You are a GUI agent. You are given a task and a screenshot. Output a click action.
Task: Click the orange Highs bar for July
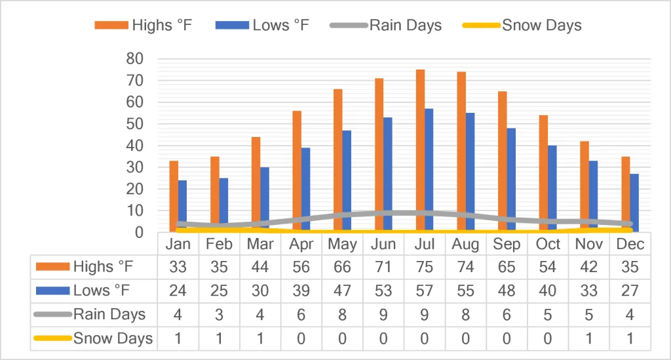420,151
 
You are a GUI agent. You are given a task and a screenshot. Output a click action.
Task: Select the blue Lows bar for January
182,207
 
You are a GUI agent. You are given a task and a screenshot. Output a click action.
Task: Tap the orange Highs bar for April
297,171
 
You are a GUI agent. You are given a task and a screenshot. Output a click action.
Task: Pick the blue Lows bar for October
552,189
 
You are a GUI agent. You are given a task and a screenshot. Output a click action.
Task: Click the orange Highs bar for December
626,194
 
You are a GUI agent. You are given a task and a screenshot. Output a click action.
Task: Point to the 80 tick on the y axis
135,58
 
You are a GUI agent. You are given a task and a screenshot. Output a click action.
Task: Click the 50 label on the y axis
135,124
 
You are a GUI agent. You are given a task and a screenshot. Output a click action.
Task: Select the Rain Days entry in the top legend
385,26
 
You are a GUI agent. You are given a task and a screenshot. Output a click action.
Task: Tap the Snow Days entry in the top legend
522,26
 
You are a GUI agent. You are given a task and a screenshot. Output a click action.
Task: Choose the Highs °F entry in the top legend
144,26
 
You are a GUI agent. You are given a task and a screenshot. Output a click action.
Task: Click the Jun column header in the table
383,244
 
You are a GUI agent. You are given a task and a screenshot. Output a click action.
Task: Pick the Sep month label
507,244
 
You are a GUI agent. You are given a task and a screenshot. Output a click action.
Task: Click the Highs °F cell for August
466,267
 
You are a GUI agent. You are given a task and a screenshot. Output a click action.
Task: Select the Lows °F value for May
342,291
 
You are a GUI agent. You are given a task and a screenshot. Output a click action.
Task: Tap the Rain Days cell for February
219,315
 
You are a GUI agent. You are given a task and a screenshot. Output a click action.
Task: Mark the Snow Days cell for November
589,339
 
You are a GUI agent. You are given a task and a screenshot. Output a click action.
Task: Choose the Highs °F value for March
260,267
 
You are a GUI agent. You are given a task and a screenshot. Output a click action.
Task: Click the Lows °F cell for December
630,291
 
